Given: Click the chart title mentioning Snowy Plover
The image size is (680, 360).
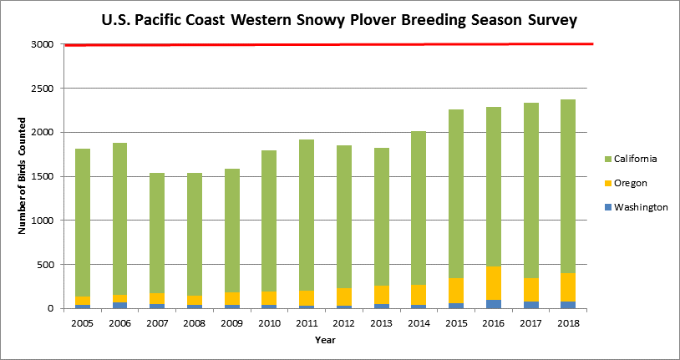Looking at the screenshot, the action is pyautogui.click(x=339, y=20).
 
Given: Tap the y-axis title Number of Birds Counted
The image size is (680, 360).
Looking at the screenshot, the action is pyautogui.click(x=21, y=176).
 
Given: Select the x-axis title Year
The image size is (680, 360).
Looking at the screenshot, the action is pyautogui.click(x=325, y=340).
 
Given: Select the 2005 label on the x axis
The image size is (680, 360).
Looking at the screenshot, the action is pyautogui.click(x=83, y=323).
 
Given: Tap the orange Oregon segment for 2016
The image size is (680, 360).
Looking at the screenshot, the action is pyautogui.click(x=493, y=283).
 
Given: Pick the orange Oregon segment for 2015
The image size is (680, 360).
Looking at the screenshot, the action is pyautogui.click(x=456, y=291).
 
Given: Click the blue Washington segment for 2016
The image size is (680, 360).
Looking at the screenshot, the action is pyautogui.click(x=493, y=304).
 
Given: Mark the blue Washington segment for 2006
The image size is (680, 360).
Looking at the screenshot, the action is pyautogui.click(x=119, y=306).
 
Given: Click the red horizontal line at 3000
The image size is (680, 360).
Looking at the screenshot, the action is pyautogui.click(x=329, y=44).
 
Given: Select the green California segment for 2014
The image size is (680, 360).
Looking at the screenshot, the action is pyautogui.click(x=419, y=208).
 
